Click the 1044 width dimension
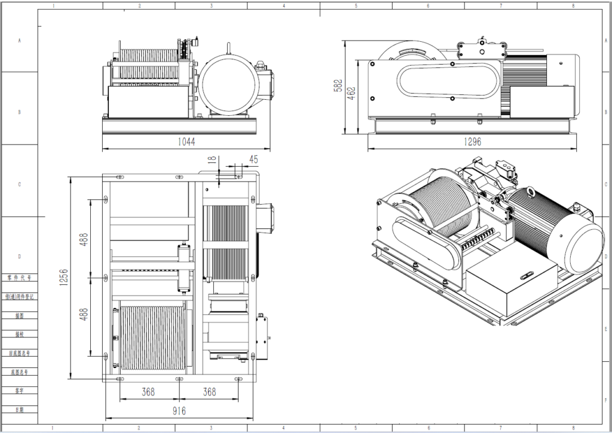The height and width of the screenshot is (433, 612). coord(186,142)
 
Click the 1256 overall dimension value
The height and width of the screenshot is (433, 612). coord(63,278)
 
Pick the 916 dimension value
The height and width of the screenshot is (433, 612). coord(179,411)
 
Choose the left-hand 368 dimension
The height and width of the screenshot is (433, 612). coord(148,392)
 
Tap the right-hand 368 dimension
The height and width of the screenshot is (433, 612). coord(209,392)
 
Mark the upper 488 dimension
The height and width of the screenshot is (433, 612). coord(84,239)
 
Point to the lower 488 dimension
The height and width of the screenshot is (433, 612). coord(84,315)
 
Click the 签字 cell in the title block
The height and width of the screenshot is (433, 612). coord(21,391)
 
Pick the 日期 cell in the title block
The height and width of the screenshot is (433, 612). coord(21,410)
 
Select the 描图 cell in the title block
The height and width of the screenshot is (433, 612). coord(21,315)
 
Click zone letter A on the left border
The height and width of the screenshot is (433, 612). coord(20,41)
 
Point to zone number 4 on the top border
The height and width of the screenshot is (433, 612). coord(283,5)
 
